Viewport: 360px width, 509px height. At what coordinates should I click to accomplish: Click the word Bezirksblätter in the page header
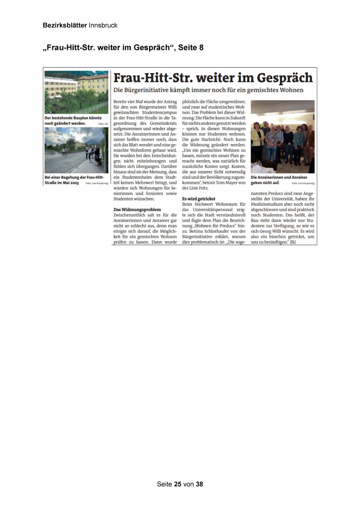tap(65, 26)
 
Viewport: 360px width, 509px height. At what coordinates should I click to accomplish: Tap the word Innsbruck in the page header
tap(103, 26)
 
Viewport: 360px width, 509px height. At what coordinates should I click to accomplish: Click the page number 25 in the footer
tap(178, 484)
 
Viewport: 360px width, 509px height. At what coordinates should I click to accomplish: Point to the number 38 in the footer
tap(199, 484)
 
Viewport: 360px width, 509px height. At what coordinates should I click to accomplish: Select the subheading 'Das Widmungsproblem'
tap(137, 210)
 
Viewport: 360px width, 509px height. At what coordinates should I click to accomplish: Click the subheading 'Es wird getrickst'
tap(199, 199)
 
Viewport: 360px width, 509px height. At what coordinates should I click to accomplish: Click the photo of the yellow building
tap(76, 92)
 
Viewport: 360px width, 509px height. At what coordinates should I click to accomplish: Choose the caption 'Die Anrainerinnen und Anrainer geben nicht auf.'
tap(278, 180)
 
